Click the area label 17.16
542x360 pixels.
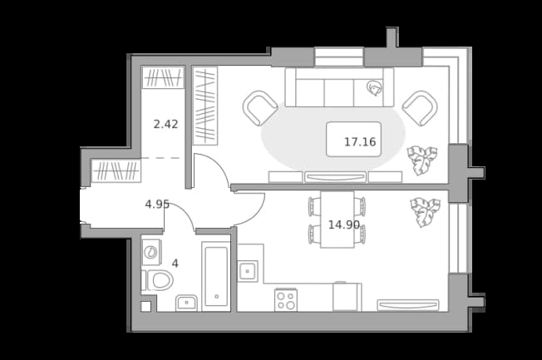[360, 142]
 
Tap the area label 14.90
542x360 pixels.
[343, 224]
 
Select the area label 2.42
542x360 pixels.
[165, 124]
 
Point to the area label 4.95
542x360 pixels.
[157, 204]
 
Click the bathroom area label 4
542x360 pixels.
[175, 264]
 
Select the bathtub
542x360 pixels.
[216, 276]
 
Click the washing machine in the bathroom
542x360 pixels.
[151, 252]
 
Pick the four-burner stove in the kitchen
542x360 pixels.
[286, 300]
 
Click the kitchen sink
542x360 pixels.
[248, 271]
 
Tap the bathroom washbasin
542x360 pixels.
[186, 303]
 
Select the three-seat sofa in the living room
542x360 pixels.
[339, 87]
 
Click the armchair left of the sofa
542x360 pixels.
[260, 108]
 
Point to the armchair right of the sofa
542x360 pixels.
[420, 108]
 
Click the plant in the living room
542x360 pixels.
[421, 160]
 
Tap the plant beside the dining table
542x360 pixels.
[425, 212]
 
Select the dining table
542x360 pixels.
[337, 219]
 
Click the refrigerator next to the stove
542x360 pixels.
[347, 297]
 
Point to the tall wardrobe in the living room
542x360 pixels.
[205, 106]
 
